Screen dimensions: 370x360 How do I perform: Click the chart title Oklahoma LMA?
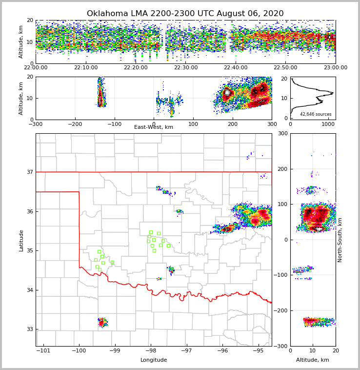click(x=185, y=14)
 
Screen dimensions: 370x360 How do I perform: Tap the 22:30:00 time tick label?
click(x=186, y=68)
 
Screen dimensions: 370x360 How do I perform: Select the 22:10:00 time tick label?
click(x=86, y=68)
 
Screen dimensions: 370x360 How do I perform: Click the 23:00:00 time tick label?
click(x=335, y=68)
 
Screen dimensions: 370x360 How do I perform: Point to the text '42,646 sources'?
click(x=316, y=114)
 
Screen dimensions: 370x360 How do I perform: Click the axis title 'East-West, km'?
click(x=154, y=127)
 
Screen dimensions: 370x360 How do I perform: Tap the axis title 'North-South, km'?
click(x=340, y=240)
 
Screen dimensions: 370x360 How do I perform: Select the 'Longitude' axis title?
click(x=154, y=360)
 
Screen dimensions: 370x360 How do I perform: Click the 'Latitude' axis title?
click(x=21, y=240)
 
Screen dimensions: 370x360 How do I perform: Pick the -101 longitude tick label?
click(x=43, y=350)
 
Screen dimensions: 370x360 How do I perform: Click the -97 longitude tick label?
click(x=186, y=350)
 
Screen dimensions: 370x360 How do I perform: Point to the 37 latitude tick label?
click(x=29, y=172)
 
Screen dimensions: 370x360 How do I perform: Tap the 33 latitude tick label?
click(x=29, y=329)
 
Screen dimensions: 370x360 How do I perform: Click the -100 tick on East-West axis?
click(x=114, y=124)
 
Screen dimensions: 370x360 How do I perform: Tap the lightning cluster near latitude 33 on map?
click(x=102, y=323)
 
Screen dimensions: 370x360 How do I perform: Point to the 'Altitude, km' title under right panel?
click(x=313, y=360)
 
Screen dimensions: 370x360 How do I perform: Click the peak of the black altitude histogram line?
click(x=333, y=93)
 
